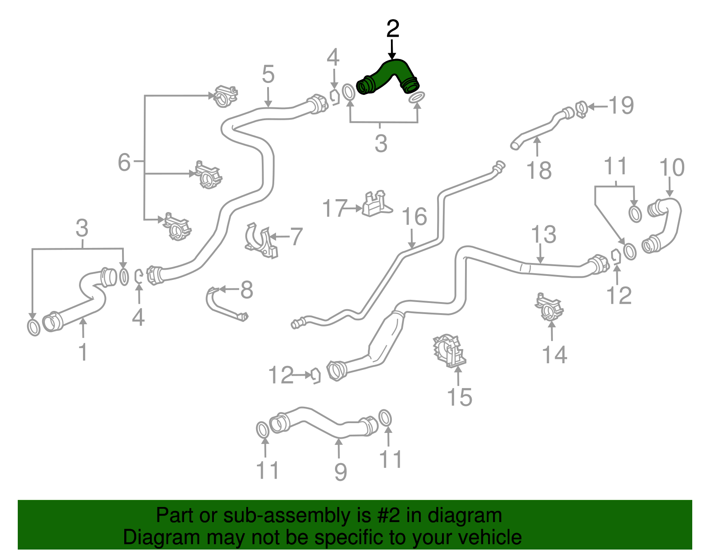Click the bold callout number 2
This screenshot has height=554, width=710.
(392, 29)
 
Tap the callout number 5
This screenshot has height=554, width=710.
(268, 74)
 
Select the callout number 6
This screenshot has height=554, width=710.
(124, 162)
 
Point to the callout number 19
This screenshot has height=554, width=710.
(621, 105)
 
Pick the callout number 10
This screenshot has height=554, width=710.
(672, 168)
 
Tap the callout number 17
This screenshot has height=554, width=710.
(335, 208)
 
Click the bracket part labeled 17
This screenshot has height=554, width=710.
(377, 204)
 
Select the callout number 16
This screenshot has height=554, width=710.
(414, 216)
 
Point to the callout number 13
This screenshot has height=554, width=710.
(543, 234)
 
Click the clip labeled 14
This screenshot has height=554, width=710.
(549, 307)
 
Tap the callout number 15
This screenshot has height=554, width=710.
(459, 397)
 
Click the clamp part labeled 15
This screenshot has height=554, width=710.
(449, 351)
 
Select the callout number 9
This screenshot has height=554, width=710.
(340, 472)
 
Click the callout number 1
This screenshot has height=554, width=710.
(83, 352)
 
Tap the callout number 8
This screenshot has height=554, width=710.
(247, 290)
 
